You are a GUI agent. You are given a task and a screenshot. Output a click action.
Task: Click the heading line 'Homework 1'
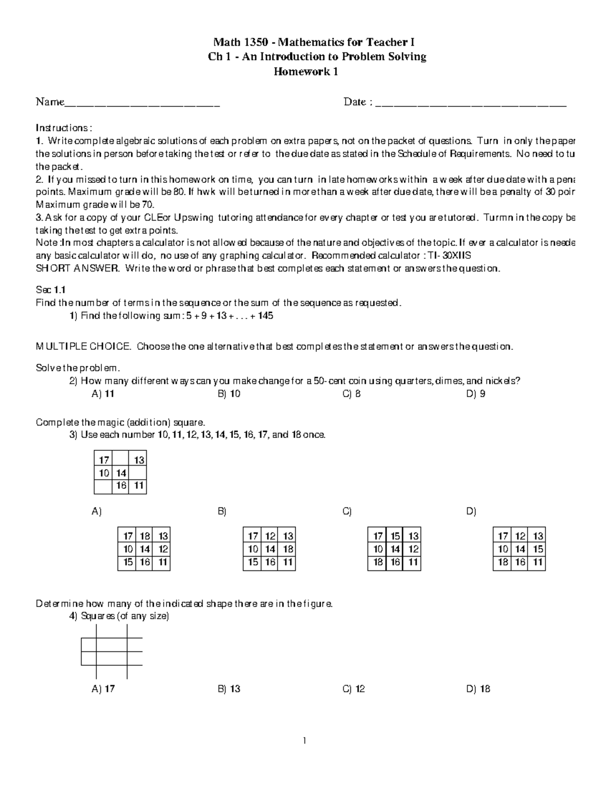tap(306, 72)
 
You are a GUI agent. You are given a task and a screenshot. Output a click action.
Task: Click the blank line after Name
tap(142, 104)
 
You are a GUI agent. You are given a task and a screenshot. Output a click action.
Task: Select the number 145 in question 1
tap(265, 316)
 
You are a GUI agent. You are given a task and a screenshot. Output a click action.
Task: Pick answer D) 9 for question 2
tap(476, 394)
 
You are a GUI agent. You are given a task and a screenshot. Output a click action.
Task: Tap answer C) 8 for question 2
tap(352, 394)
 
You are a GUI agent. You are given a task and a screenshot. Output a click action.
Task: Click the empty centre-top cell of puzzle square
tap(120, 460)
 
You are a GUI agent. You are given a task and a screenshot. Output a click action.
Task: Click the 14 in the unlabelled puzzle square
tap(121, 473)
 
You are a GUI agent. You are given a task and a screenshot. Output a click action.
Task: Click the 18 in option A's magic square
tap(145, 536)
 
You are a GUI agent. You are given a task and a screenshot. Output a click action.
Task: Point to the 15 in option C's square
tap(395, 536)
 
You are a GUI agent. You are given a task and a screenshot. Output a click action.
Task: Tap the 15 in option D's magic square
tap(538, 549)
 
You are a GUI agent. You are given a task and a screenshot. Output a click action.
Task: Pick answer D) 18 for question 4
tap(478, 689)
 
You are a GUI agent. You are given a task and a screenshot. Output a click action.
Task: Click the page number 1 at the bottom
tap(305, 741)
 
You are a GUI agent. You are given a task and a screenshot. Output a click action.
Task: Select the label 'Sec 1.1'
tap(51, 290)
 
